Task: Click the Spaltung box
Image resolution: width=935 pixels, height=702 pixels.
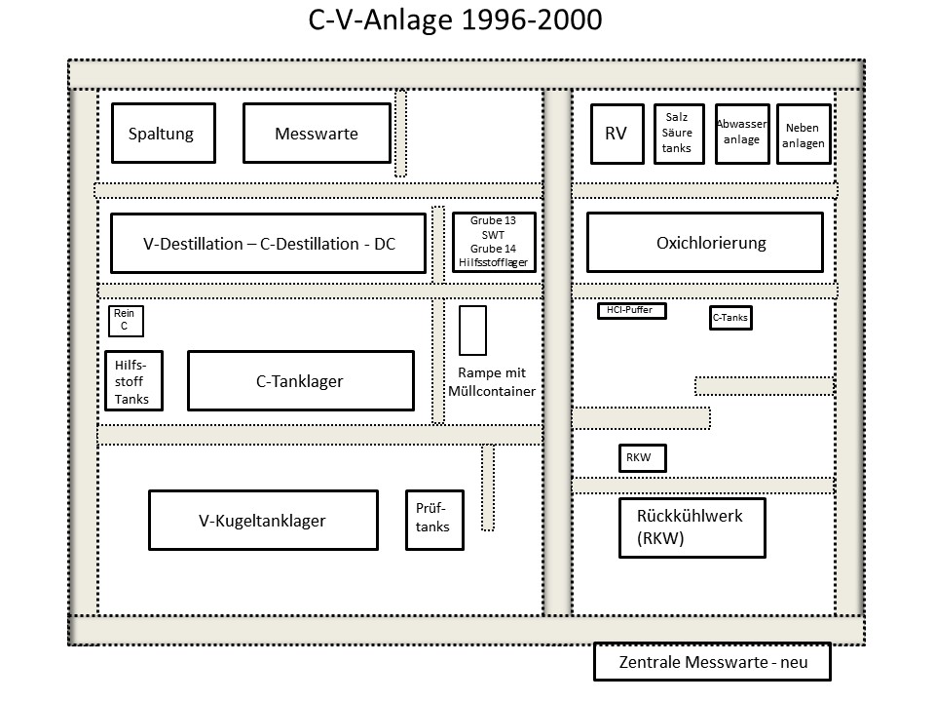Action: coord(164,134)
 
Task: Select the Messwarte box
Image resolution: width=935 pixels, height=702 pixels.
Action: coord(317,134)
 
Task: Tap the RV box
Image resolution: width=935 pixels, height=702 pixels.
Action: coord(617,134)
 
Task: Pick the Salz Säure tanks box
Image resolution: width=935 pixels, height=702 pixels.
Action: coord(679,134)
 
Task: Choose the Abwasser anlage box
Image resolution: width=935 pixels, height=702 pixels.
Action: coord(742,134)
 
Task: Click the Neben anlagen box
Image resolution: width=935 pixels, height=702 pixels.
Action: coord(804,134)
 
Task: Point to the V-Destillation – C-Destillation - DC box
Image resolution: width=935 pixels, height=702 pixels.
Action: coord(269,243)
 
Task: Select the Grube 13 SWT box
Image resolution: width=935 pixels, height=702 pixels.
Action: coord(494,242)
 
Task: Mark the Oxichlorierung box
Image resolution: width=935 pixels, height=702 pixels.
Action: coord(705,243)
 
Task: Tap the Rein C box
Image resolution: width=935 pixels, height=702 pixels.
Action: coord(126,321)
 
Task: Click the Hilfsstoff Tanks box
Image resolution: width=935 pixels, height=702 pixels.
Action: coord(133,381)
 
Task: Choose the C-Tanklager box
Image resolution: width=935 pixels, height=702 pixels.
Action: coord(301,381)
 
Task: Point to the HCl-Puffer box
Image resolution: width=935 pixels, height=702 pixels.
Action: coord(631,311)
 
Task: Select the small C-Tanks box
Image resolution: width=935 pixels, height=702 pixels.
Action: coord(730,318)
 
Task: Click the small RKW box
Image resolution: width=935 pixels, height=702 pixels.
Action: coord(642,458)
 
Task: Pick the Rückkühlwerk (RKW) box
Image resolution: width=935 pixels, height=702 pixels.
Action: coord(692,527)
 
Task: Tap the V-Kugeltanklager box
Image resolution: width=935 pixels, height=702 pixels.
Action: coord(263,520)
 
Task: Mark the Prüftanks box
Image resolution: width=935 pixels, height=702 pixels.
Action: coord(434,520)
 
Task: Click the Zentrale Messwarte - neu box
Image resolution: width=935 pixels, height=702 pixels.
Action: coord(712,661)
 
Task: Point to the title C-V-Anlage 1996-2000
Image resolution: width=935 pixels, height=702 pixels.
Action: coord(455,19)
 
